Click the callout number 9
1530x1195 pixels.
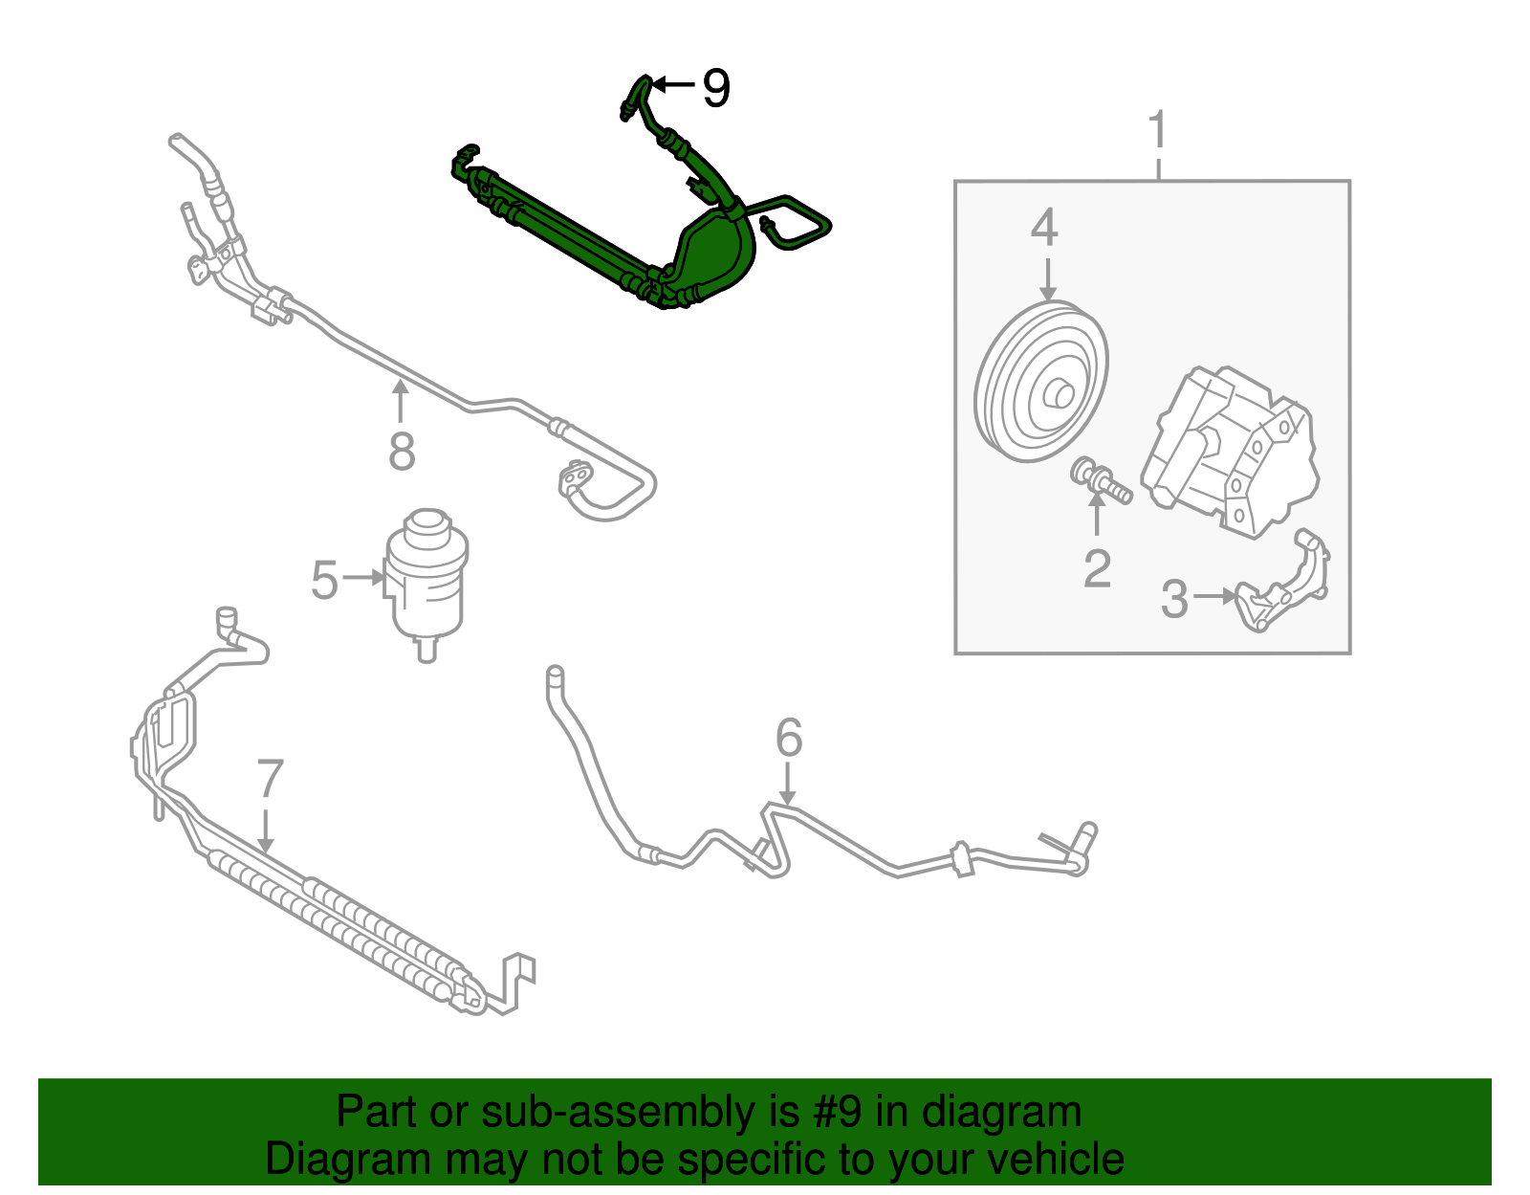point(715,88)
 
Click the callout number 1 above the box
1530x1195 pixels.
point(1158,130)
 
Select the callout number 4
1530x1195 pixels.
point(1044,229)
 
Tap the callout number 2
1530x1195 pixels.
point(1097,568)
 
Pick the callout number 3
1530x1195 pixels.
point(1173,599)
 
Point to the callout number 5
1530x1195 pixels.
point(325,580)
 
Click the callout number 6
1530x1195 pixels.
point(788,738)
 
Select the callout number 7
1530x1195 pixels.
point(271,779)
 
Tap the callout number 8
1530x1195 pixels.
point(402,452)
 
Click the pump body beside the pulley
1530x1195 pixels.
point(1234,450)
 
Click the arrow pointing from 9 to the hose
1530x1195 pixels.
point(673,86)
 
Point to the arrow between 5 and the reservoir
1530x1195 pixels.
point(363,578)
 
